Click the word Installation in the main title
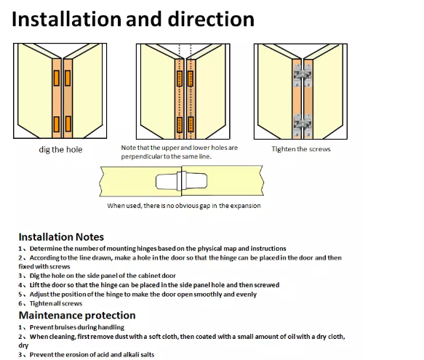66,19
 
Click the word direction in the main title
211,19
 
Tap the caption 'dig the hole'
60,150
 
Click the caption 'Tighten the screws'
301,149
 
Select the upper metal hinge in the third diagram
303,75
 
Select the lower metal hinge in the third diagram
303,124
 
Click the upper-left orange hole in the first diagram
57,78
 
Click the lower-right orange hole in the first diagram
68,124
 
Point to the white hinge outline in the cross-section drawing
181,181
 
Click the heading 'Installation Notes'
61,237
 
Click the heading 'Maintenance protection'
77,316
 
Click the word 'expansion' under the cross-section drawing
245,206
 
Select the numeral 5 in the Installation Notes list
20,295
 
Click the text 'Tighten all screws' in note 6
56,303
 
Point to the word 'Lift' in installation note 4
35,285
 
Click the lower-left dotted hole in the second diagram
180,124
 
